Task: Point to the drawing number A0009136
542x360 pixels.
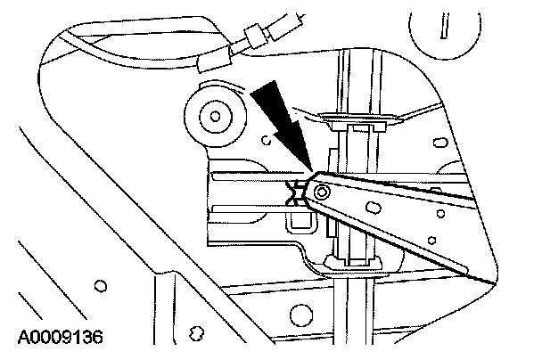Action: point(61,338)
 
